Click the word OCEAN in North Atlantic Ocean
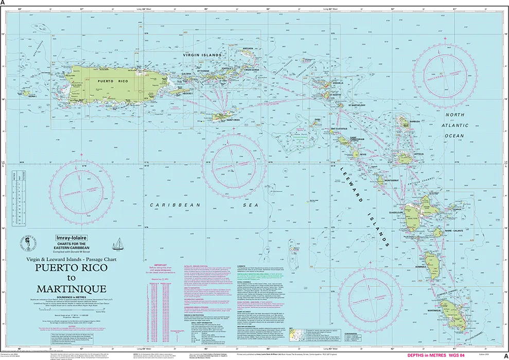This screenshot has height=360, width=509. (x=454, y=136)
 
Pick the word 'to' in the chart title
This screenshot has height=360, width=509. (x=71, y=278)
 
